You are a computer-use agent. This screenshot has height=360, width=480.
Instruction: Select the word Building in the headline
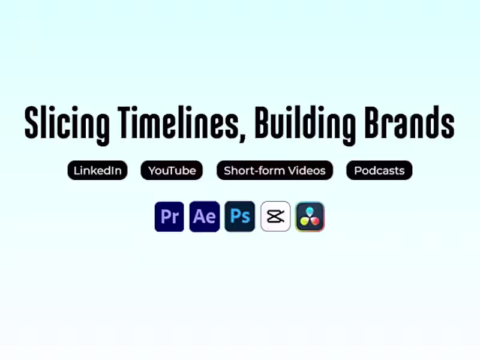[x=305, y=123]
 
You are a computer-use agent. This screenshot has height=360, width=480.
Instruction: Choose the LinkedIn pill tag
[x=97, y=170]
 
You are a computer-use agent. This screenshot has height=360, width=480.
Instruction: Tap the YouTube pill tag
[x=172, y=170]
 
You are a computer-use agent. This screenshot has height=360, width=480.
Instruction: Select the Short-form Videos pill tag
[x=274, y=170]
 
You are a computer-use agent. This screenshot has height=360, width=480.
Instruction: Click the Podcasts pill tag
[x=379, y=170]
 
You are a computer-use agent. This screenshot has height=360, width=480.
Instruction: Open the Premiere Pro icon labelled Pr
[x=169, y=217]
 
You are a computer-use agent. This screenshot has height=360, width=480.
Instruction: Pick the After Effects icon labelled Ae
[x=205, y=217]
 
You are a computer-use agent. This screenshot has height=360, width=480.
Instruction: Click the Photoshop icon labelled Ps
[x=240, y=217]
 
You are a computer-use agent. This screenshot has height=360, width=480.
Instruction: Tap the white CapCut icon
[x=275, y=217]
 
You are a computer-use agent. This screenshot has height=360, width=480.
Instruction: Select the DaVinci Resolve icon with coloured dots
[x=310, y=217]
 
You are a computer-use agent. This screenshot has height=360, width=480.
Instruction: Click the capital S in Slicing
[x=31, y=123]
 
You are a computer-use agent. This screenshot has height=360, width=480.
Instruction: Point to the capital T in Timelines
[x=125, y=123]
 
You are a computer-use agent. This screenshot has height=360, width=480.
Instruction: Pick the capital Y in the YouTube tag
[x=152, y=170]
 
